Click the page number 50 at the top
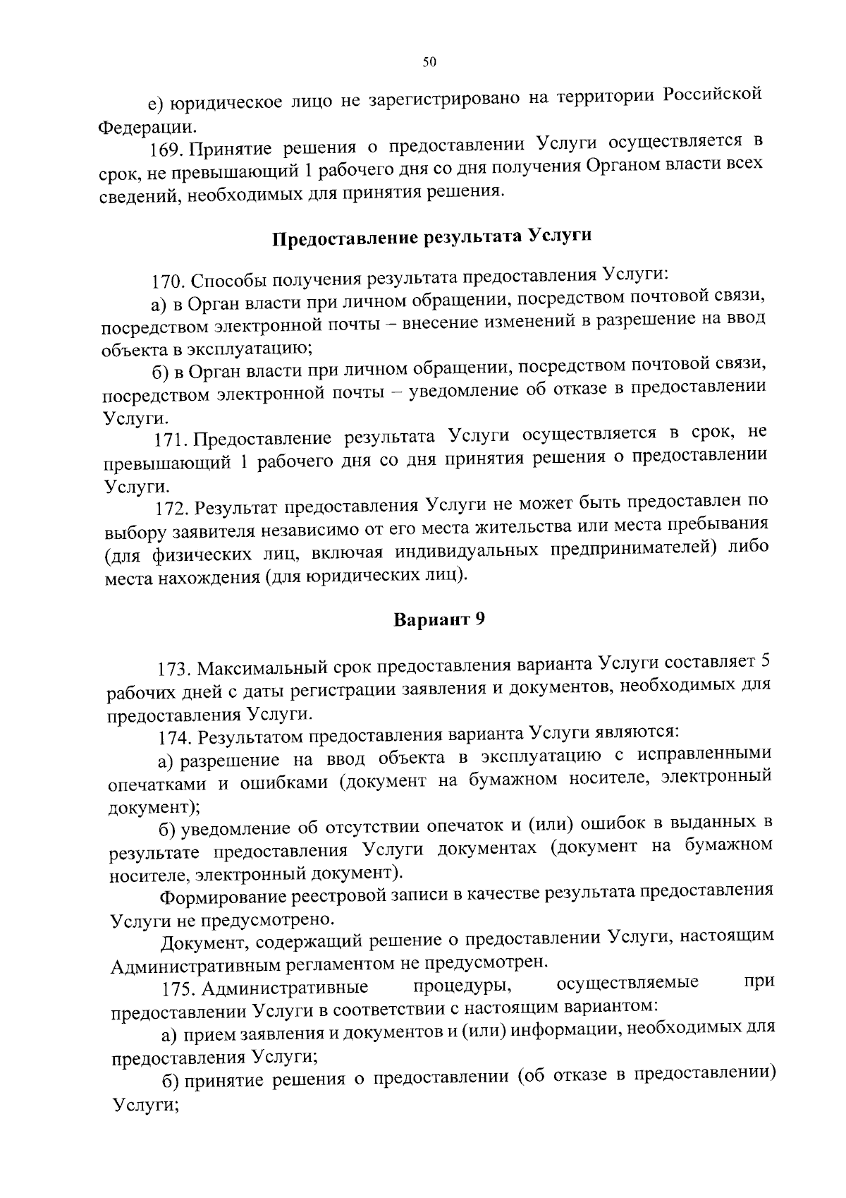pos(429,62)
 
